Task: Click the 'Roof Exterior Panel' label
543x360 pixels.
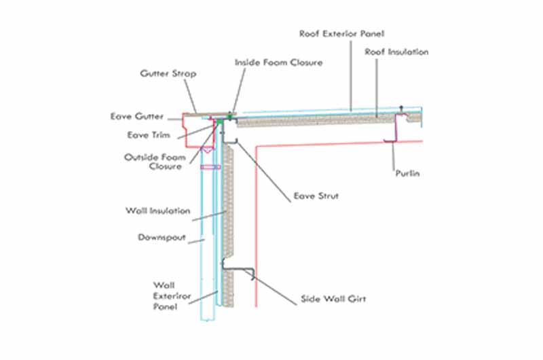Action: tap(337, 33)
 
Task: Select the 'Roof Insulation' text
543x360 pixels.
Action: tap(396, 52)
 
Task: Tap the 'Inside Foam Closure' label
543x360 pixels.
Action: tap(278, 62)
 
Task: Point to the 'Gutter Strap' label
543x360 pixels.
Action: tap(168, 73)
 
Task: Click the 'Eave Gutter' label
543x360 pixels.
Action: tap(136, 117)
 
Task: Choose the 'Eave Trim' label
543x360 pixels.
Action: tap(147, 134)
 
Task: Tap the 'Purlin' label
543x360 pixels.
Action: tap(407, 174)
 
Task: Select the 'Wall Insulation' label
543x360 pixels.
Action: tap(157, 211)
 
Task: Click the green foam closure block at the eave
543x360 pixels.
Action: tap(231, 118)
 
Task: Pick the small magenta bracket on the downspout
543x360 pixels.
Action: tap(205, 166)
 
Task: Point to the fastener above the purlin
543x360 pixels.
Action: tap(402, 109)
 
